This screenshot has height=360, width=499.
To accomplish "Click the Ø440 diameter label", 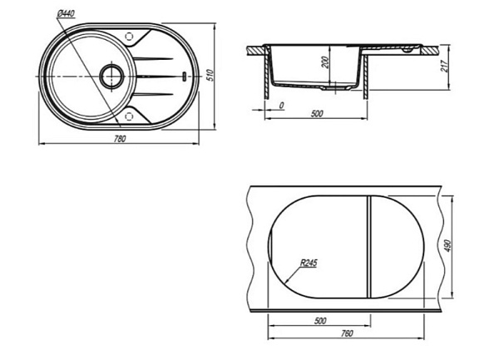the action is tap(67, 13).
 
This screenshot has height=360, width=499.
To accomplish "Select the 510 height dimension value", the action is tap(210, 75).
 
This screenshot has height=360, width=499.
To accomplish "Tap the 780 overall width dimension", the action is tap(120, 139).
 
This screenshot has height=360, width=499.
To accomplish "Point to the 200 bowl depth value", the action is tap(324, 63).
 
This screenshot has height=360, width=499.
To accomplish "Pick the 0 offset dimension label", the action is tap(281, 106).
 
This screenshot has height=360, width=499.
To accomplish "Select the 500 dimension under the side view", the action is tap(317, 114).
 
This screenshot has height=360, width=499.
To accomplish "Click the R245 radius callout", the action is tap(309, 264).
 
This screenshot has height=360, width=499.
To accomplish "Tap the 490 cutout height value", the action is tap(447, 246).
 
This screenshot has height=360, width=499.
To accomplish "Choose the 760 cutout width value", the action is tap(347, 333).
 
